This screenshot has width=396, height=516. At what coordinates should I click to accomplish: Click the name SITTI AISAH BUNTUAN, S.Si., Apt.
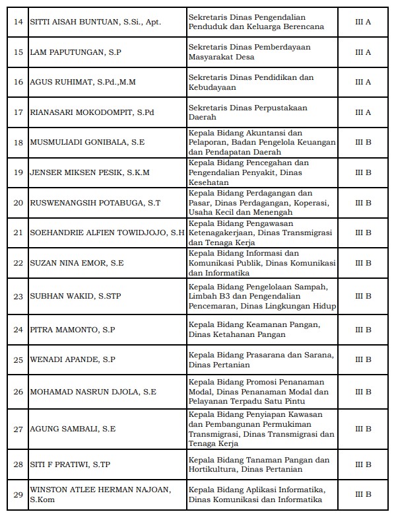coord(96,22)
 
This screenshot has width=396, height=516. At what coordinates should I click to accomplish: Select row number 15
coord(18,52)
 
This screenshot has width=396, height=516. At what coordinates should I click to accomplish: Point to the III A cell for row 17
coord(363,112)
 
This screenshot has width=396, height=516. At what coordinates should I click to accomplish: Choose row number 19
coord(18,172)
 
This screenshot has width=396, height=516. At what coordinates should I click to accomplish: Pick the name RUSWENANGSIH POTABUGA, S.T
coord(95,202)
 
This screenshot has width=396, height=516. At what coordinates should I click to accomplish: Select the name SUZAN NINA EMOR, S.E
coord(77,262)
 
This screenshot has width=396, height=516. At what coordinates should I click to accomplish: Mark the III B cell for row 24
coord(363,329)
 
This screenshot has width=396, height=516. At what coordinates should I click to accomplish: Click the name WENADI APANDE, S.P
coord(73,359)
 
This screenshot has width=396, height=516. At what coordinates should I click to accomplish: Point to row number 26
coord(18,392)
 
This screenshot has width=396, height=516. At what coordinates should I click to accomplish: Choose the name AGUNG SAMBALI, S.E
coord(73,429)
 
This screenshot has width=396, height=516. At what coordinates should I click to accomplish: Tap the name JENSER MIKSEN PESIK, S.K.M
coord(90,172)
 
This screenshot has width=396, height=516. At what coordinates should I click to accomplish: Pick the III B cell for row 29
coord(363,494)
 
